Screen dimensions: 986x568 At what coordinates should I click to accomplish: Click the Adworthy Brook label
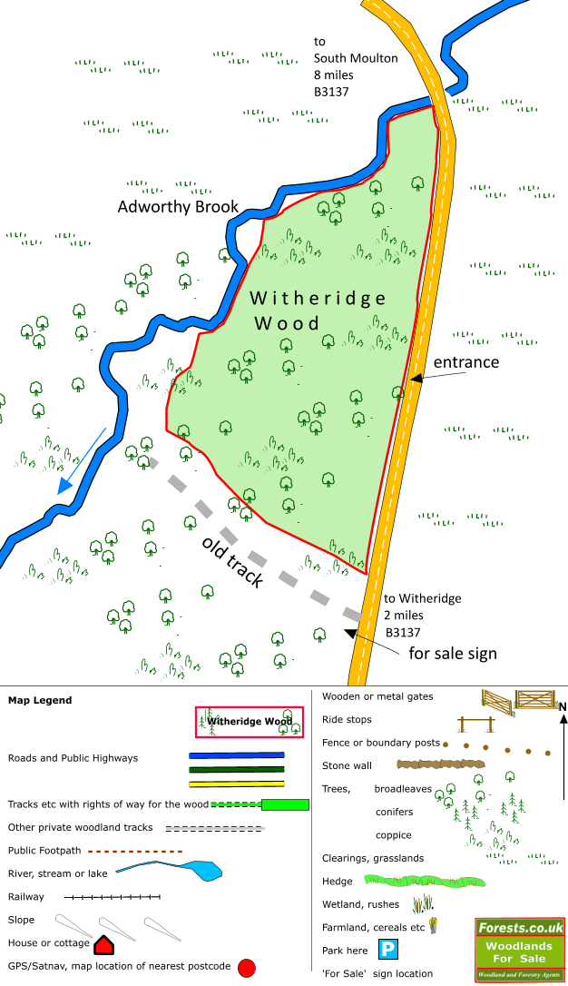(178, 207)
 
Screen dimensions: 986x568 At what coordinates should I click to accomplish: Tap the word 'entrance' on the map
(466, 362)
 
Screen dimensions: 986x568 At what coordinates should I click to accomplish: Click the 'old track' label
(233, 562)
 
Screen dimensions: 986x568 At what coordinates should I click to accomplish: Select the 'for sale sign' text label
(452, 653)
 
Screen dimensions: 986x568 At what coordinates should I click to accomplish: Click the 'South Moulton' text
(356, 58)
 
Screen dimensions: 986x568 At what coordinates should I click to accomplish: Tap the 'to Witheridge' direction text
(423, 598)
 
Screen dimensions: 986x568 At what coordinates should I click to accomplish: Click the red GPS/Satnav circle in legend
(246, 969)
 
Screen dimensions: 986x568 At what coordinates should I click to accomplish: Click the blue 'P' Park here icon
(388, 951)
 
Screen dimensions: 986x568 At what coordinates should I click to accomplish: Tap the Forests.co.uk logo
(520, 950)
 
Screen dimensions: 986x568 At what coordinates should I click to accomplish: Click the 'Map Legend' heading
(40, 700)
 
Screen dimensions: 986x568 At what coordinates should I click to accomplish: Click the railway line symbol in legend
(113, 897)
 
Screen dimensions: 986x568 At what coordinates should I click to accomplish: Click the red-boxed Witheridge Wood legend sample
(250, 723)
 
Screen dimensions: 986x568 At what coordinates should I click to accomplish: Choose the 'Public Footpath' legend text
(44, 851)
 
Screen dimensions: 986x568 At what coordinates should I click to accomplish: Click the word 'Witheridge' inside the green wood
(318, 298)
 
